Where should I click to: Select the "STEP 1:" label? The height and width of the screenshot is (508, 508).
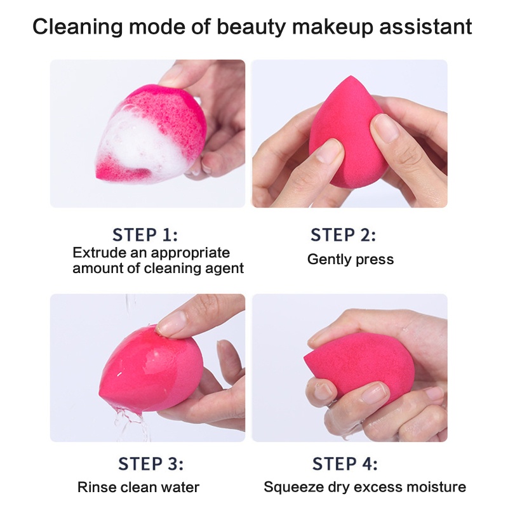[x=145, y=235]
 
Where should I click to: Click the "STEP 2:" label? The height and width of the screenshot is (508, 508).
[x=344, y=235]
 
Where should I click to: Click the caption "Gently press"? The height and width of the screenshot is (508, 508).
[x=351, y=259]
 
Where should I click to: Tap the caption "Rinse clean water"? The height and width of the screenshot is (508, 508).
[x=138, y=488]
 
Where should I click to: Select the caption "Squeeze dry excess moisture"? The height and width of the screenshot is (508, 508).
[x=365, y=488]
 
